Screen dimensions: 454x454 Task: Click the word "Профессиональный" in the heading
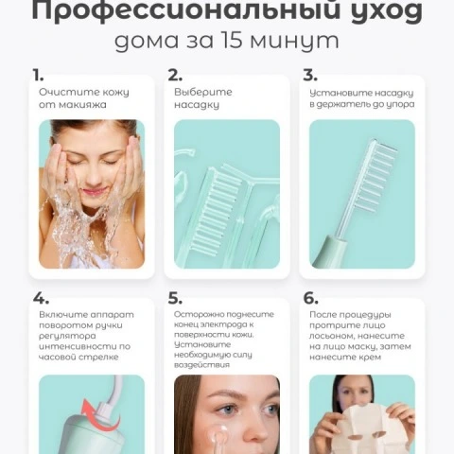pyautogui.click(x=186, y=11)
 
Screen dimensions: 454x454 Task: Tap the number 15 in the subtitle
pyautogui.click(x=233, y=41)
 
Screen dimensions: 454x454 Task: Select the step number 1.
pyautogui.click(x=38, y=76)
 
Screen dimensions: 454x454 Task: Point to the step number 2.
pyautogui.click(x=175, y=76)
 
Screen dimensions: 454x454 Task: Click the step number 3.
pyautogui.click(x=310, y=76)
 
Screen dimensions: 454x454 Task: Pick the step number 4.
pyautogui.click(x=41, y=298)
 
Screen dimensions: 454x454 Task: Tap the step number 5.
pyautogui.click(x=175, y=298)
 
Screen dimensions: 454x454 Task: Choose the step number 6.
pyautogui.click(x=310, y=298)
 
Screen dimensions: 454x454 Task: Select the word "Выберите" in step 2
pyautogui.click(x=203, y=92)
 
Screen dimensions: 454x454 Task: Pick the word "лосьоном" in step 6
pyautogui.click(x=331, y=336)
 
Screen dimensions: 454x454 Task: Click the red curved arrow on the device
pyautogui.click(x=100, y=414)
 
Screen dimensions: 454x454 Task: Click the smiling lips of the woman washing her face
pyautogui.click(x=94, y=191)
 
